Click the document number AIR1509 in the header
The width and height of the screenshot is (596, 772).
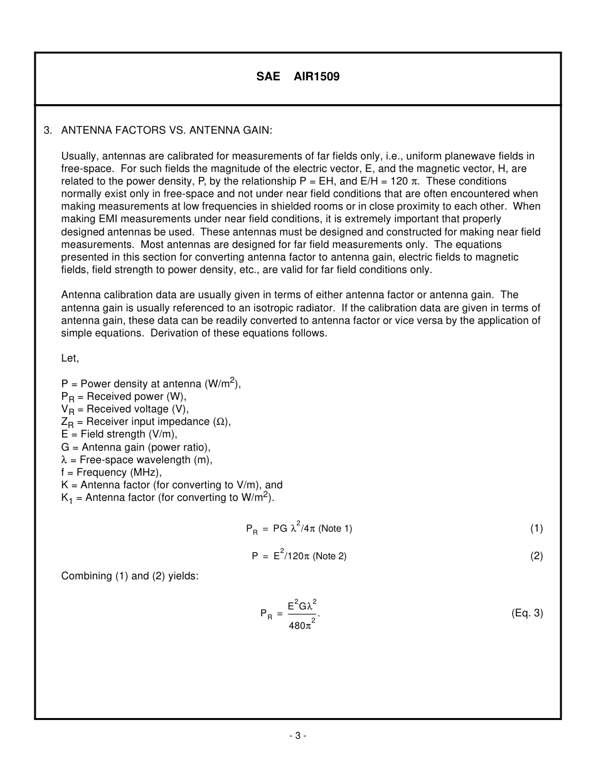click(x=317, y=77)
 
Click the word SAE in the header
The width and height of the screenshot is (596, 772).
click(x=268, y=77)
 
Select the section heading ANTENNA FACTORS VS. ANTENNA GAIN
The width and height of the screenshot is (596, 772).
click(x=167, y=131)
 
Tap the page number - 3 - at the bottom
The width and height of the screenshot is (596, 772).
click(x=298, y=736)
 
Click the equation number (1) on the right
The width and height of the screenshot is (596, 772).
click(x=536, y=528)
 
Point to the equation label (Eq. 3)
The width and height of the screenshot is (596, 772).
click(x=527, y=613)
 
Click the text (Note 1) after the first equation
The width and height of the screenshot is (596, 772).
click(x=335, y=528)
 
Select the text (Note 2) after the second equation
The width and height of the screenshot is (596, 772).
click(x=329, y=556)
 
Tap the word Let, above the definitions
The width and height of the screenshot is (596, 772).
click(x=70, y=358)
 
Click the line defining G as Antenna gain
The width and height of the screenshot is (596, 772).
click(x=136, y=447)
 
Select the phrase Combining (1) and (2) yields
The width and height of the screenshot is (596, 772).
click(x=129, y=576)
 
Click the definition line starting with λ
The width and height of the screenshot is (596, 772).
click(x=136, y=459)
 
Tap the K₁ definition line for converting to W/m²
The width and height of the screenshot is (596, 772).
click(x=168, y=498)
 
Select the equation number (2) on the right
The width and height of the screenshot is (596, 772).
click(x=536, y=555)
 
